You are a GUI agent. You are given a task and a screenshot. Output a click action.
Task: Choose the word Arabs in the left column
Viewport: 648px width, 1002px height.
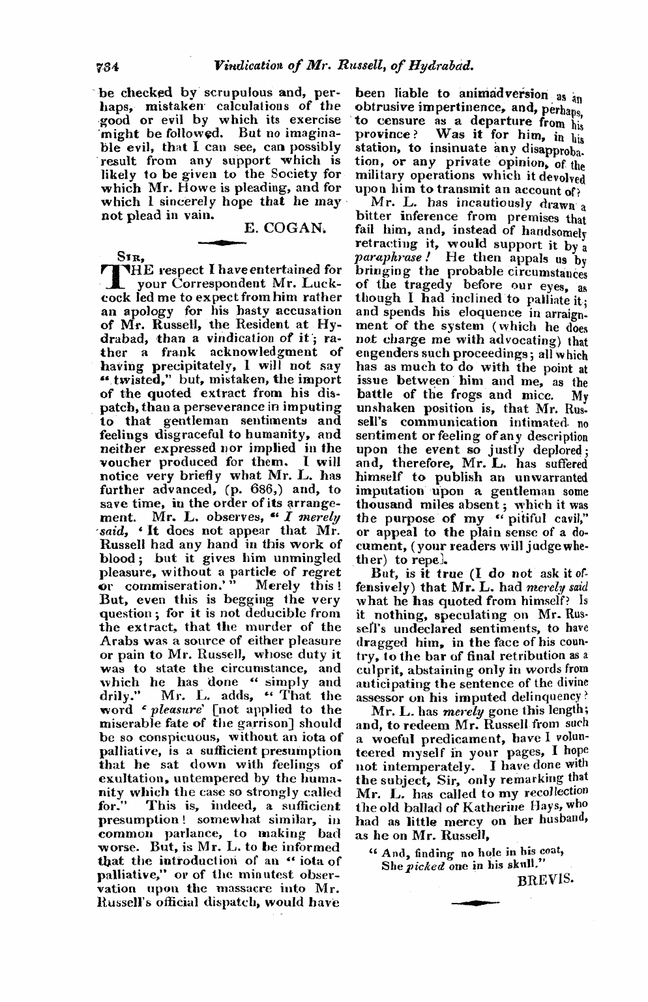pos(118,640)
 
